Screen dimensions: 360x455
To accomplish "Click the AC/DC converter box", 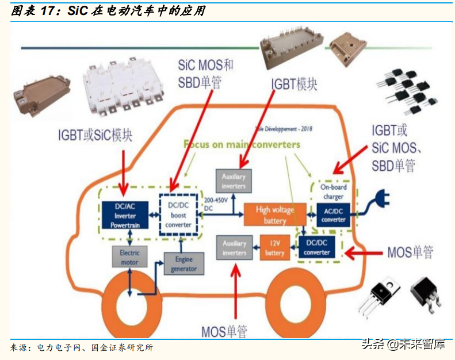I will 334,215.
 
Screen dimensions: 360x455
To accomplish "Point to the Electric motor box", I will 129,257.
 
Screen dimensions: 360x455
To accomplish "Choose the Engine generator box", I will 183,264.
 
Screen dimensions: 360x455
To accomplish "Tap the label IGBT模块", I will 294,84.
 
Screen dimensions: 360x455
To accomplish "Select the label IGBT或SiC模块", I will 95,135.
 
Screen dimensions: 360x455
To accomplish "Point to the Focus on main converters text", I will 242,144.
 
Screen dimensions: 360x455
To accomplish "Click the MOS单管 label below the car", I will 224,331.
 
